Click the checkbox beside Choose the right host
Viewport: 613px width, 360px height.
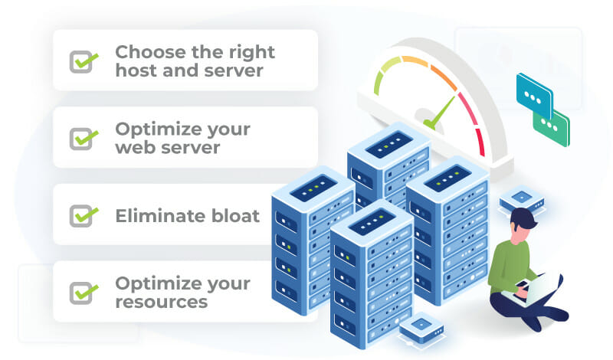[82, 61]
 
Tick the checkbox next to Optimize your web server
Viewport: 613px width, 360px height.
[82, 138]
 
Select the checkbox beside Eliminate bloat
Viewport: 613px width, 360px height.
[82, 215]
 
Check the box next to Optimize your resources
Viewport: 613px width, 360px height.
[82, 293]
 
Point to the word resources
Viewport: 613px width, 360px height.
[162, 302]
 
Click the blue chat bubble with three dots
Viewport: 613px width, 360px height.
[534, 91]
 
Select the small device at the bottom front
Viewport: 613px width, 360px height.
[421, 330]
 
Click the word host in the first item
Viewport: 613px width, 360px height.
[135, 70]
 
